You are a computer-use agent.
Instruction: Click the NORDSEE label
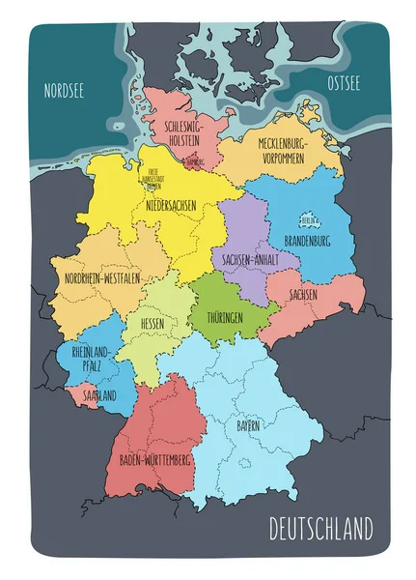65,91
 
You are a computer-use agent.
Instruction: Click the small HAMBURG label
193,163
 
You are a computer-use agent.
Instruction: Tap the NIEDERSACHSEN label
173,206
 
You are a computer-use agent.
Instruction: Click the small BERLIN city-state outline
309,220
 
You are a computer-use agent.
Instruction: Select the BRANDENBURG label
310,240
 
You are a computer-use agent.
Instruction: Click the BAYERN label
250,425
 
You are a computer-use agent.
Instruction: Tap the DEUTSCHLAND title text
319,529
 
